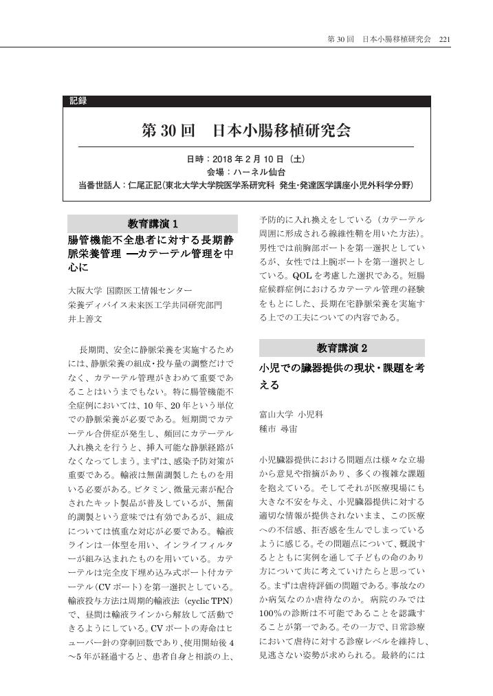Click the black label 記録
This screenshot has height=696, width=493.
point(78,101)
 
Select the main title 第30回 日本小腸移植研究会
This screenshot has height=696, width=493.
point(246,130)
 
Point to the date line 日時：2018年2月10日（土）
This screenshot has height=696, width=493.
point(246,158)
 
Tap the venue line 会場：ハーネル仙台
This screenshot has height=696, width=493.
point(246,172)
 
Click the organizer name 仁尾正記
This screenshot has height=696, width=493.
point(146,186)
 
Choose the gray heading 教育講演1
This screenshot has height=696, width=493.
point(153,224)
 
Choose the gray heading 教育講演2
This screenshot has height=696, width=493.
point(342,347)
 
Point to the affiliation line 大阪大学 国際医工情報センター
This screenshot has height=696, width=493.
point(130,291)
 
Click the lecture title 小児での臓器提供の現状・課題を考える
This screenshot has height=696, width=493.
point(342,376)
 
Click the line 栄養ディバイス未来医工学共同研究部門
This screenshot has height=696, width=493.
point(145,305)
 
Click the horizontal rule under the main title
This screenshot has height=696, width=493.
point(246,146)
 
